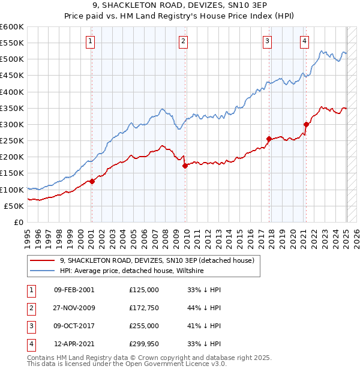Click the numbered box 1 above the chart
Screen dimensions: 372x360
pyautogui.click(x=90, y=41)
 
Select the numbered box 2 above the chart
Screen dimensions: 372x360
pyautogui.click(x=182, y=41)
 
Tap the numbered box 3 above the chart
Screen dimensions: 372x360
pyautogui.click(x=267, y=41)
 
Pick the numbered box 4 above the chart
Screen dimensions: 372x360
pyautogui.click(x=304, y=41)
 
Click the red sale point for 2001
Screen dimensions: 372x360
pyautogui.click(x=92, y=181)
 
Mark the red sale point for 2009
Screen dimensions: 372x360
pyautogui.click(x=185, y=166)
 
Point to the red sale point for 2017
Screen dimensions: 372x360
pyautogui.click(x=269, y=139)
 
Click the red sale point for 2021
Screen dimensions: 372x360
pyautogui.click(x=306, y=124)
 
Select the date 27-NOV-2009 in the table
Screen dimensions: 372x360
pyautogui.click(x=74, y=307)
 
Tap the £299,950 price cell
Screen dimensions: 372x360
pyautogui.click(x=144, y=344)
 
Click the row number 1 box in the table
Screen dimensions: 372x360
pyautogui.click(x=30, y=289)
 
